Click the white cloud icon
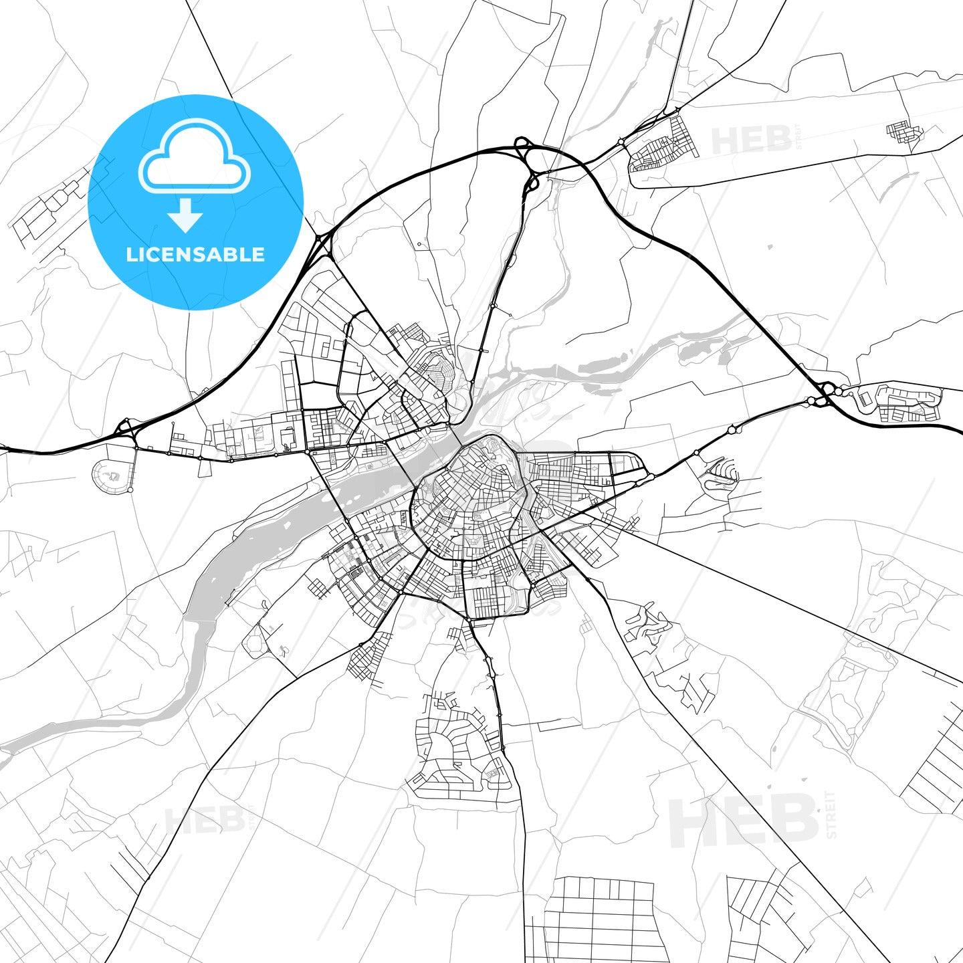[195, 157]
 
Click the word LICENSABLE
[195, 254]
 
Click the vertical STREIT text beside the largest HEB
[831, 815]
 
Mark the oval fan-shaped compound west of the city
[111, 475]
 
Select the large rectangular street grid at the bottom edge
[599, 920]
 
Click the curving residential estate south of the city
[461, 742]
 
